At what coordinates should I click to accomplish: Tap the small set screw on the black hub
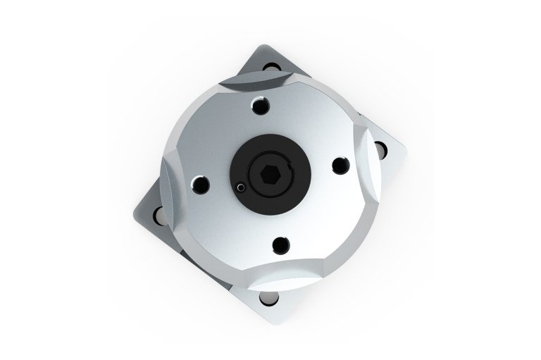[x=241, y=188]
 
